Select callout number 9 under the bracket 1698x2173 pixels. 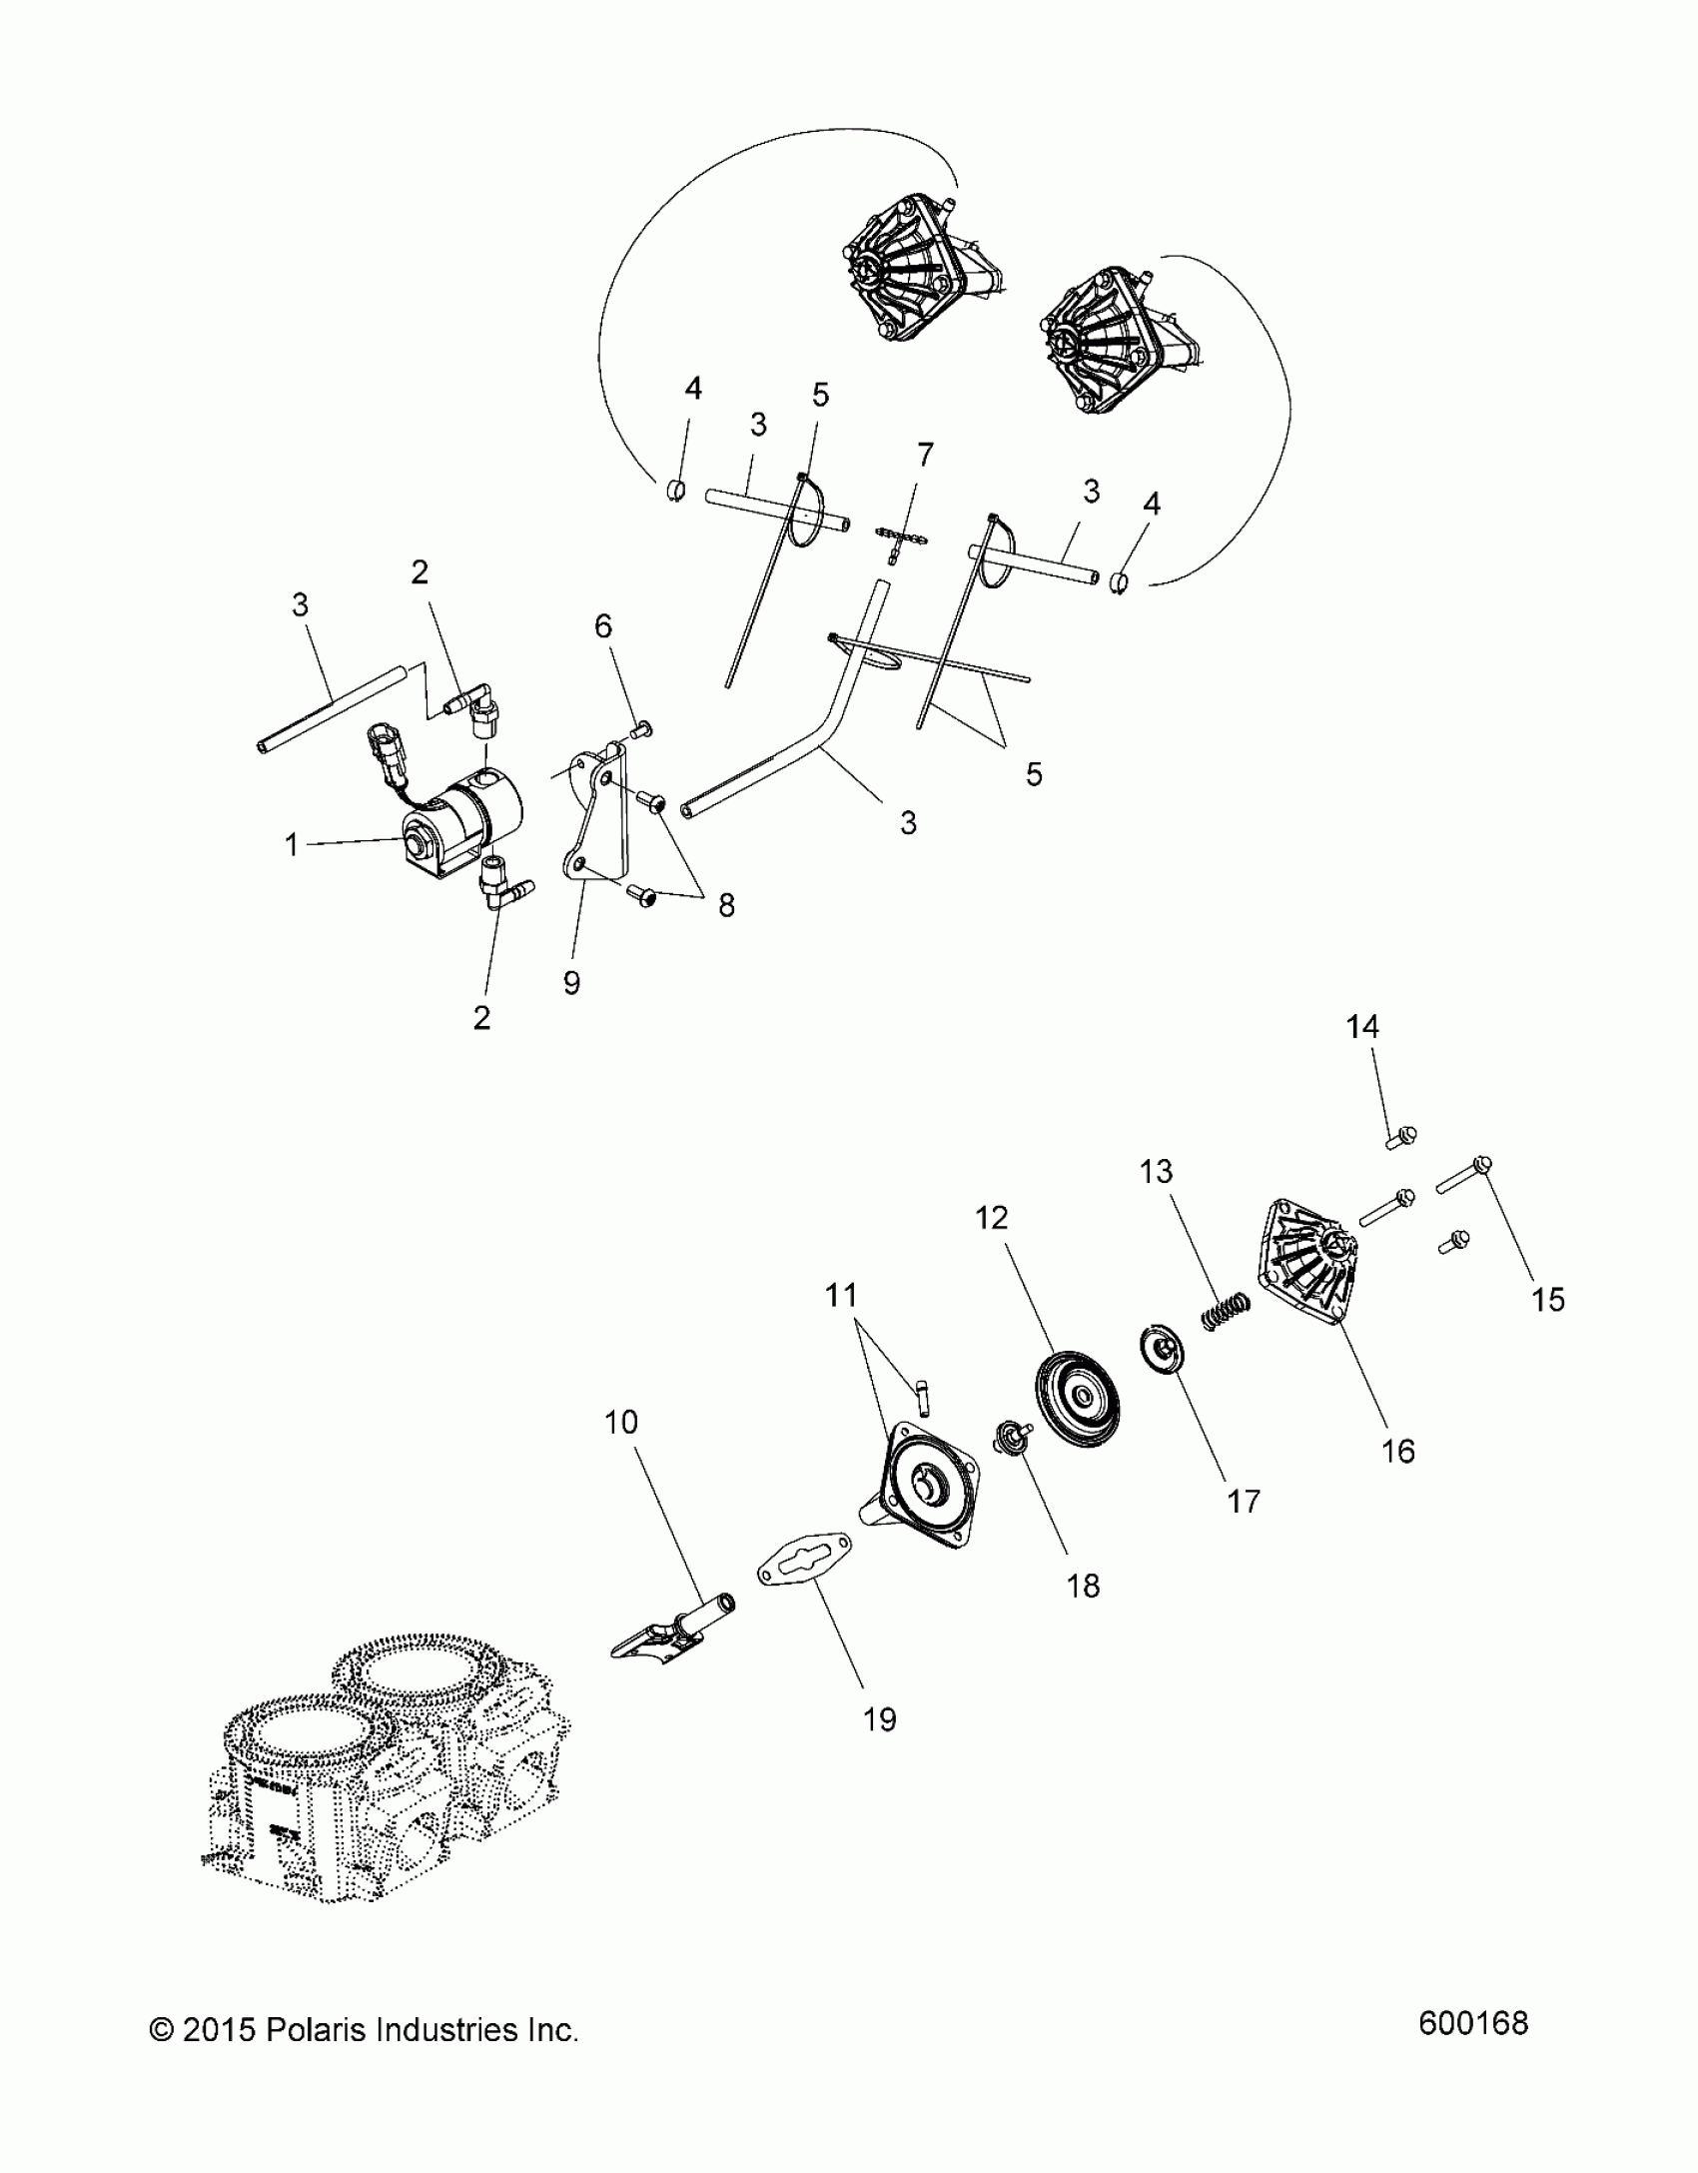[x=571, y=982]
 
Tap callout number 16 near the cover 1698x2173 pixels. [x=1398, y=1451]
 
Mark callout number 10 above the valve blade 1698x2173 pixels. [x=620, y=1421]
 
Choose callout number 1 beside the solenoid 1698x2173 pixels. [x=292, y=845]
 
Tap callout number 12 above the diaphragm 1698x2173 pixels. [x=992, y=1217]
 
